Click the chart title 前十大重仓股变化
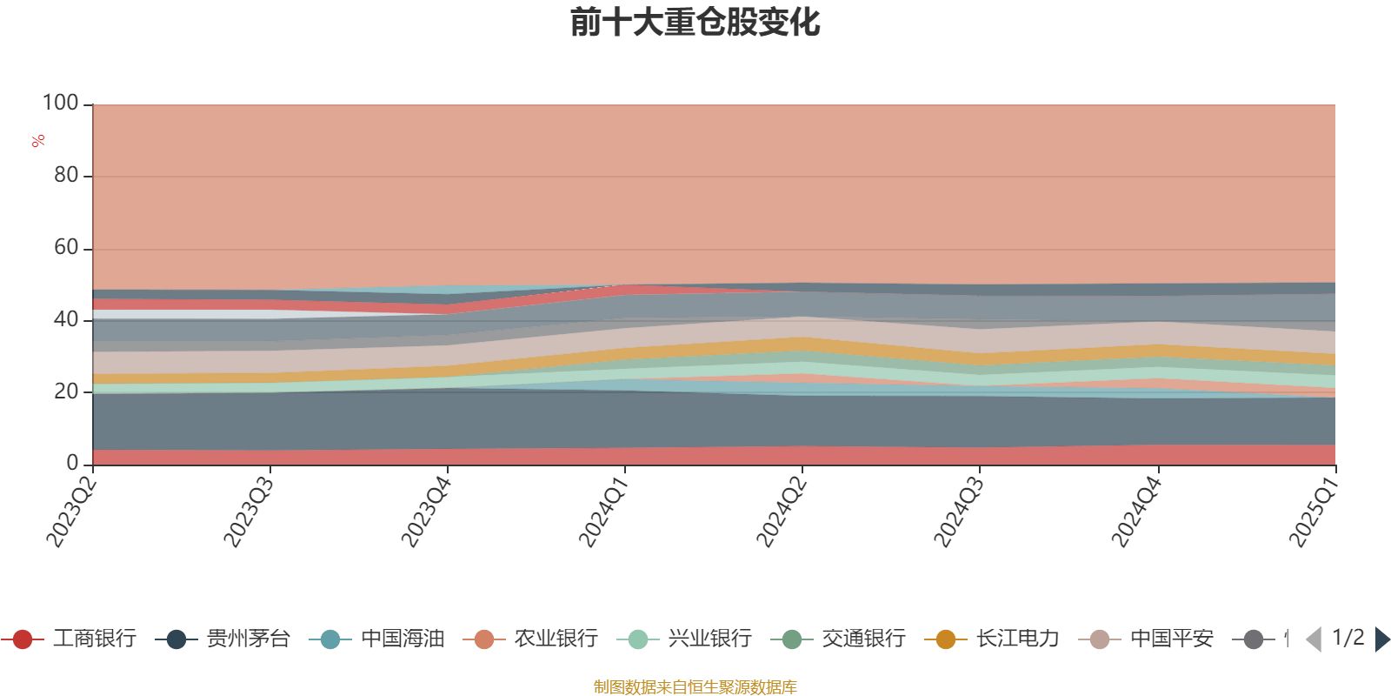pos(695,23)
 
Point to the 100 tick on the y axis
pos(61,104)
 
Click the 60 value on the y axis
pos(66,248)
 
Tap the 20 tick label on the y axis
pos(66,391)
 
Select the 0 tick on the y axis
pos(73,464)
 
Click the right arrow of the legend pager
pos(1381,639)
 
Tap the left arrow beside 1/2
pos(1314,639)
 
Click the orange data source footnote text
pos(695,687)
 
